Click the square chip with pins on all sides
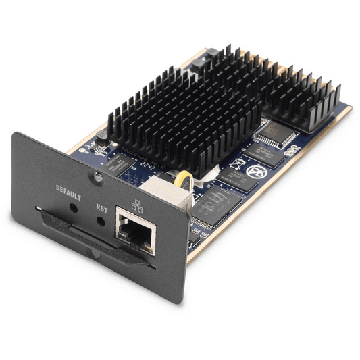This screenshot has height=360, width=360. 276,133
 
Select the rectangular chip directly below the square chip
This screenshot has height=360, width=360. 267,157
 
